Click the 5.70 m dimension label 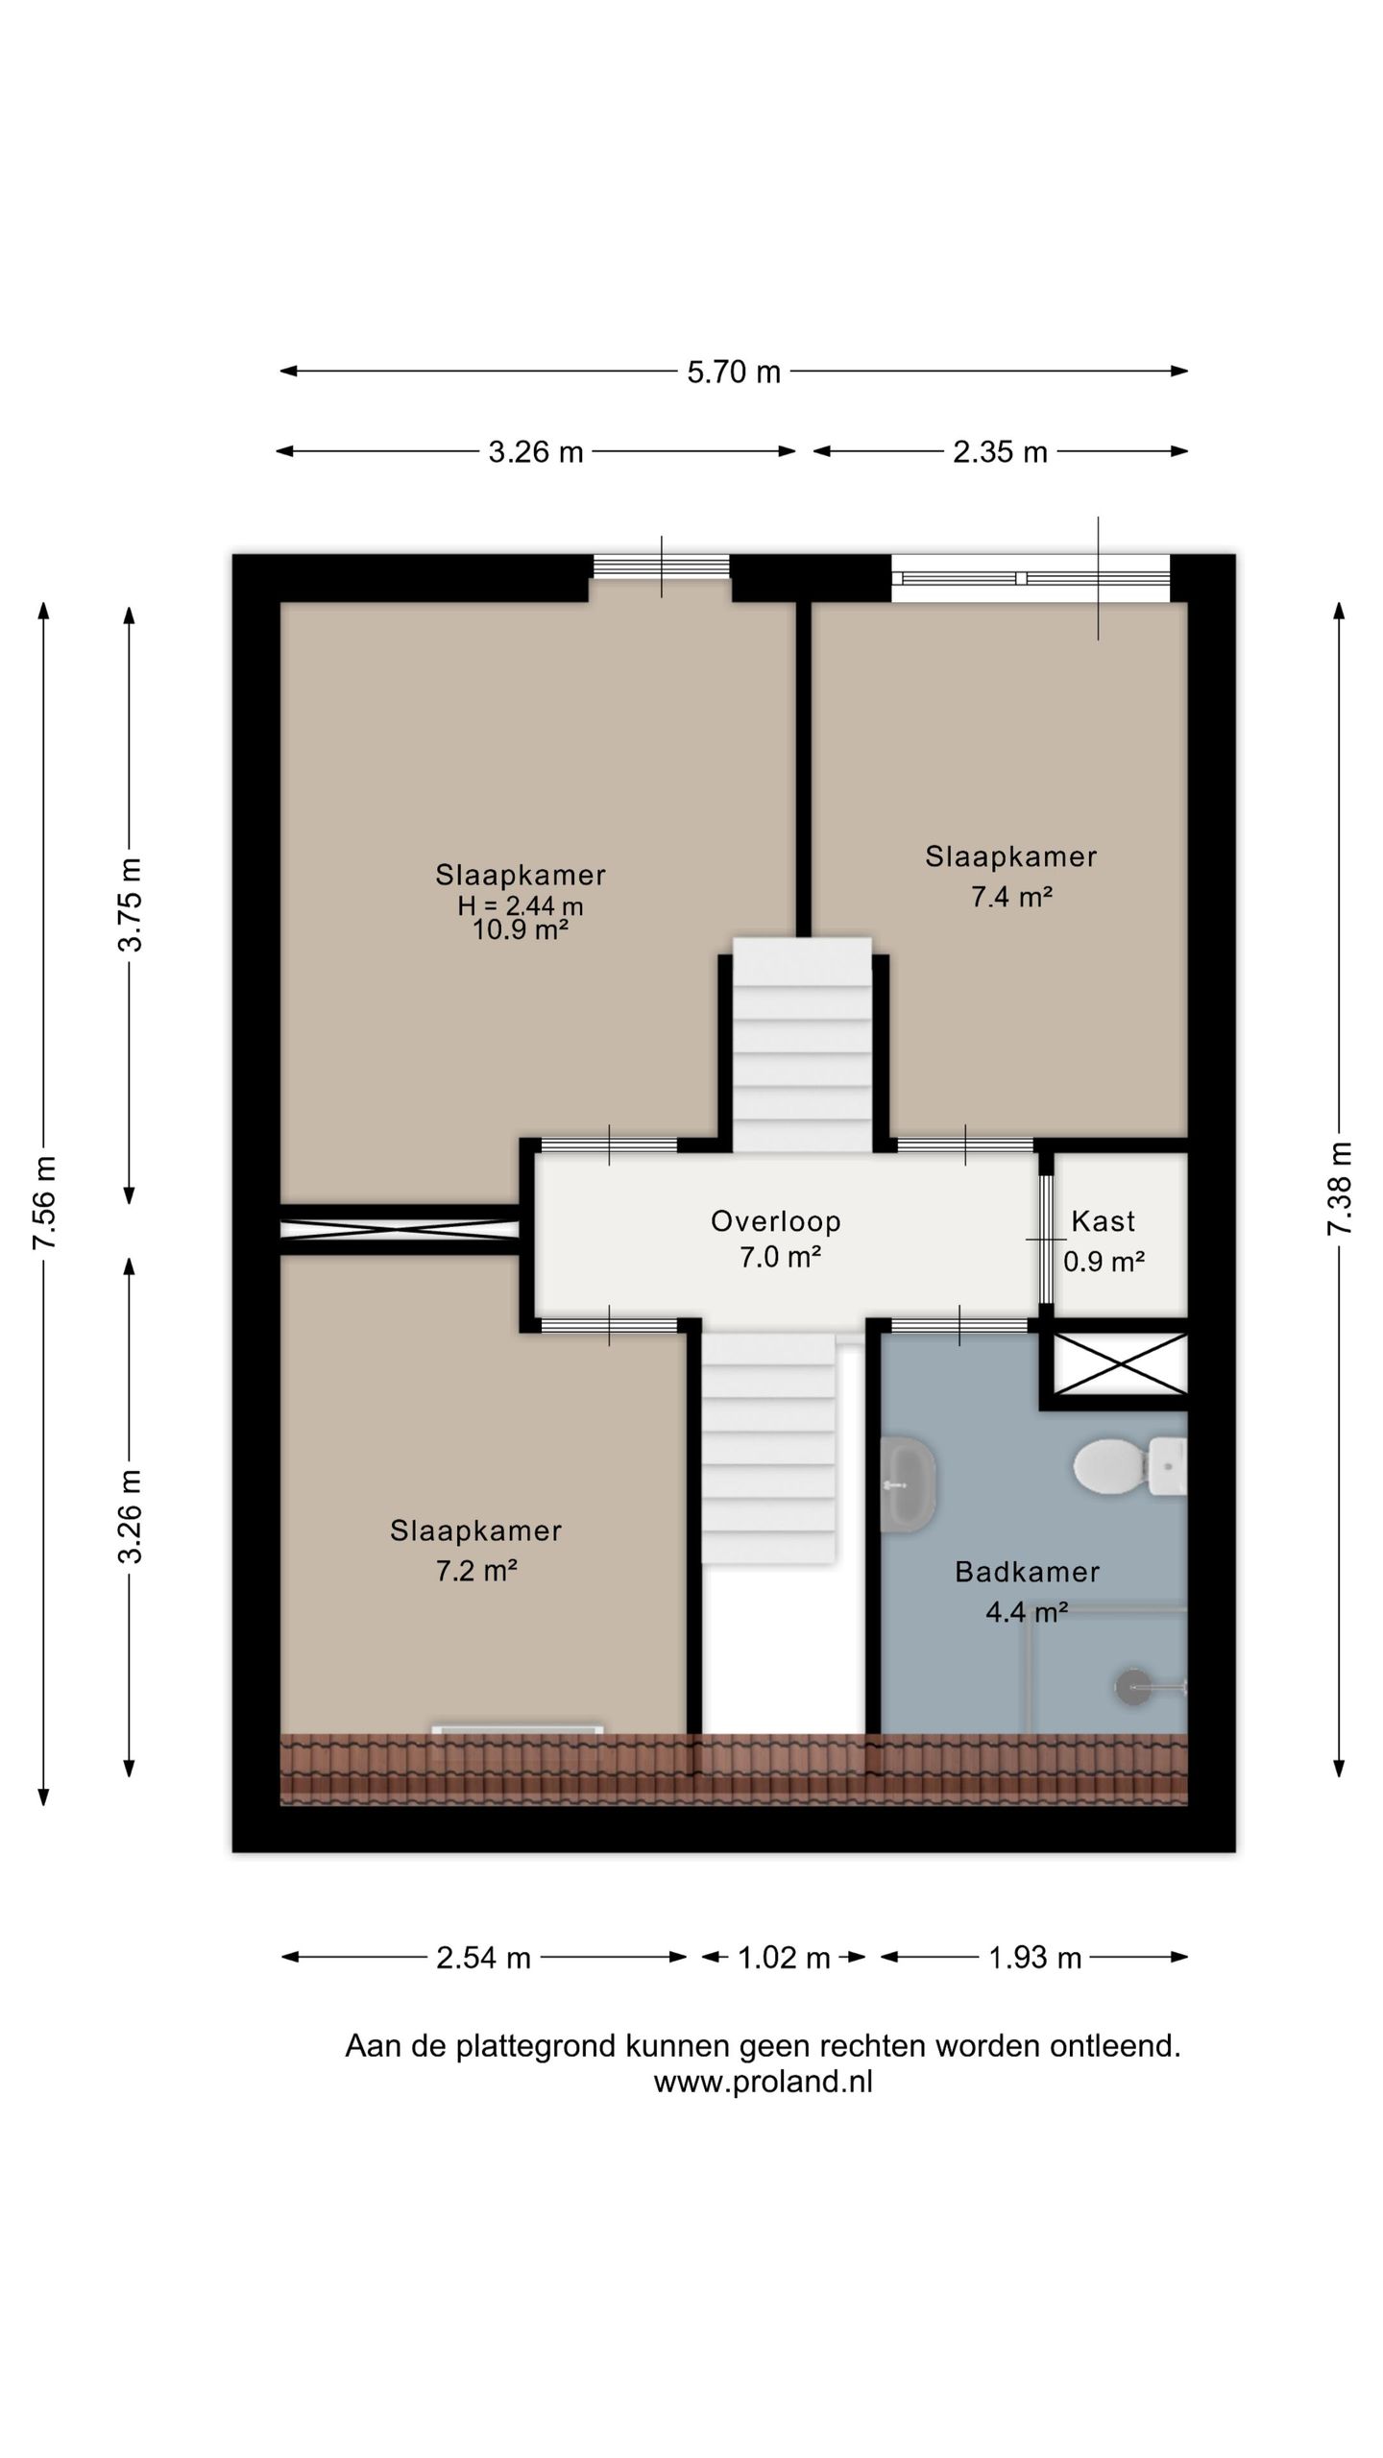[x=734, y=372]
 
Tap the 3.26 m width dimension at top [x=536, y=451]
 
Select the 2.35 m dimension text [x=1000, y=451]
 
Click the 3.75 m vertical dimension [x=130, y=904]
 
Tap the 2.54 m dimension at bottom [x=483, y=1958]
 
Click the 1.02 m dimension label [x=784, y=1958]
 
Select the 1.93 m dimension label [x=1035, y=1958]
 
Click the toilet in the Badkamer [x=1129, y=1466]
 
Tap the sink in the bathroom [x=908, y=1484]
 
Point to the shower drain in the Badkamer [x=1133, y=1687]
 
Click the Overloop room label [x=776, y=1221]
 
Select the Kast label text [x=1104, y=1221]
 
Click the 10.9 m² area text [x=521, y=929]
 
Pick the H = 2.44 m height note [x=521, y=905]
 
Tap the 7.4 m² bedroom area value [x=1011, y=898]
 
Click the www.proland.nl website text [x=764, y=2082]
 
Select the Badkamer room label [x=1027, y=1572]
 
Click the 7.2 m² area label [x=476, y=1571]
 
